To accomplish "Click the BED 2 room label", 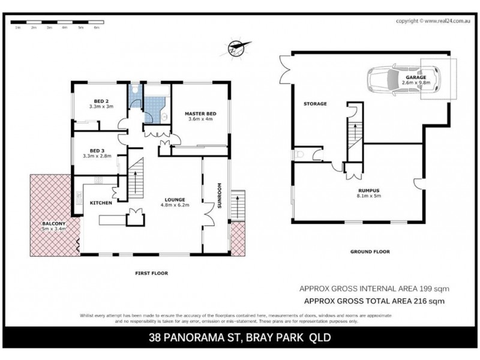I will [102, 101].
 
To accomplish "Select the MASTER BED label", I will [200, 113].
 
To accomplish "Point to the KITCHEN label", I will [101, 203].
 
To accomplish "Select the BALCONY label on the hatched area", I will [53, 223].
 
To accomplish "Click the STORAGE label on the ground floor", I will [315, 104].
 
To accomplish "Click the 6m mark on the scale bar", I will [96, 28].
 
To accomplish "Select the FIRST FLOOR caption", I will [151, 273].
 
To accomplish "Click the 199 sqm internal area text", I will [373, 289].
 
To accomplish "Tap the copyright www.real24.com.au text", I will [432, 20].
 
